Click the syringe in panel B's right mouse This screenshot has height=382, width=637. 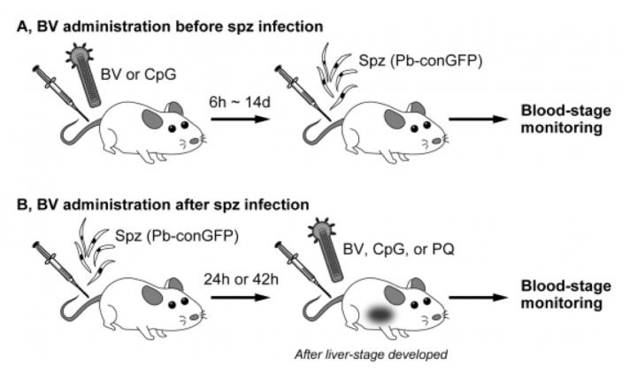pyautogui.click(x=298, y=269)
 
